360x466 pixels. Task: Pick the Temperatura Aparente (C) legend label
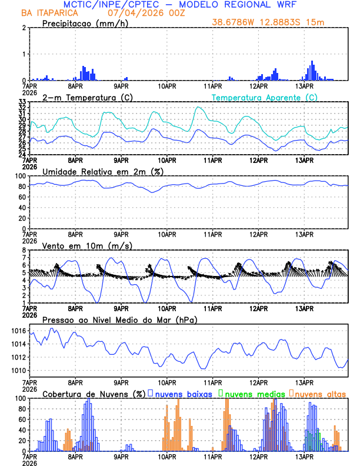click(264, 97)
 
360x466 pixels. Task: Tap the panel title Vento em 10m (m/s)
click(87, 245)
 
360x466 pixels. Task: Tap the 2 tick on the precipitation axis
click(24, 28)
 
